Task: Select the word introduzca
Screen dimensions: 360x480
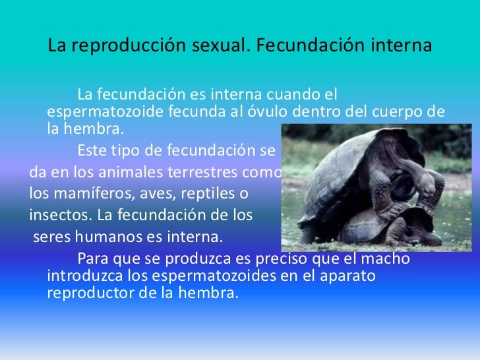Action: pos(82,276)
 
